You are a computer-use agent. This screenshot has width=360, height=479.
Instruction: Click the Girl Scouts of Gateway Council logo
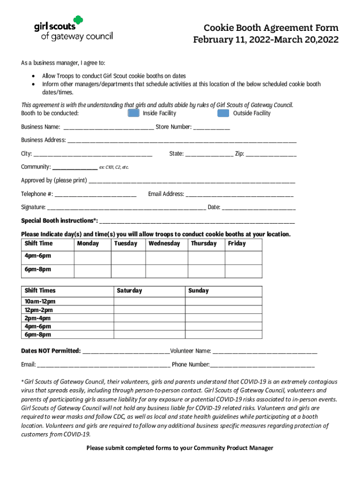point(73,29)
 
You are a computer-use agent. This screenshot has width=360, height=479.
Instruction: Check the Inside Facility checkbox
point(134,113)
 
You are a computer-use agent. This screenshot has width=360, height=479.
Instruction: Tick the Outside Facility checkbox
point(223,113)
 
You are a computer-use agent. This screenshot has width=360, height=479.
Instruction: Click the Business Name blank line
point(108,128)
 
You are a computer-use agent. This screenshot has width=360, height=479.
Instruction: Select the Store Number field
point(211,128)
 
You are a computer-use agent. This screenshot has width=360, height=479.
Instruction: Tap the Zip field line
point(271,154)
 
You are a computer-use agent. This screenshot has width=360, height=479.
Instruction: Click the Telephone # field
point(95,195)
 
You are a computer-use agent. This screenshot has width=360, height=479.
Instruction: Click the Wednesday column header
point(164,244)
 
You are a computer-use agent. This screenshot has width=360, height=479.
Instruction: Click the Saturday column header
point(130,291)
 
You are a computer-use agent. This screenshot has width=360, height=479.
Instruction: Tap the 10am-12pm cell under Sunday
point(223,302)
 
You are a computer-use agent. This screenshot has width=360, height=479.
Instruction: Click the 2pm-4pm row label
point(38,318)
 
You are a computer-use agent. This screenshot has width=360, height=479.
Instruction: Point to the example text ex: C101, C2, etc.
point(114,167)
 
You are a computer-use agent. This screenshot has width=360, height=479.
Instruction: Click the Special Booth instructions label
point(59,221)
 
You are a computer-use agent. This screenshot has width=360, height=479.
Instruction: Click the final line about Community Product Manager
point(180,448)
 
